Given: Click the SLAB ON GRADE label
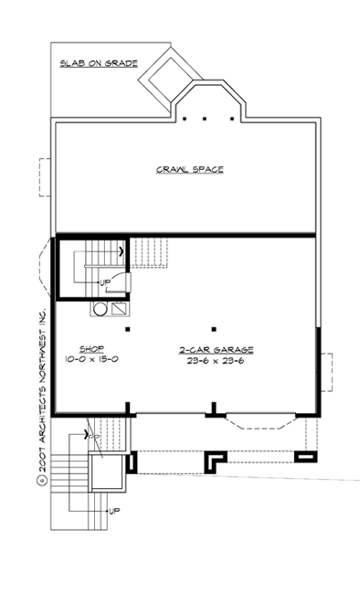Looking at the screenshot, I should [x=99, y=64].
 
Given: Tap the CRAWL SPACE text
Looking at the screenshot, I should [x=190, y=169].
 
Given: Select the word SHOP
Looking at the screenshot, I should [x=90, y=348].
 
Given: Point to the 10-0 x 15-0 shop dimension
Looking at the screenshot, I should [x=92, y=360].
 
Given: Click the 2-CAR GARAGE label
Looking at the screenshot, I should [x=217, y=349].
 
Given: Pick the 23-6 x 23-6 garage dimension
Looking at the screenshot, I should [x=217, y=361].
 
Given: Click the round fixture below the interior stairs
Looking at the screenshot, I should [x=98, y=309].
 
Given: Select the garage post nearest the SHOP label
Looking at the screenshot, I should [x=129, y=328].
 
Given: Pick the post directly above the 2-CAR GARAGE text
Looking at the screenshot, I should [x=212, y=328].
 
